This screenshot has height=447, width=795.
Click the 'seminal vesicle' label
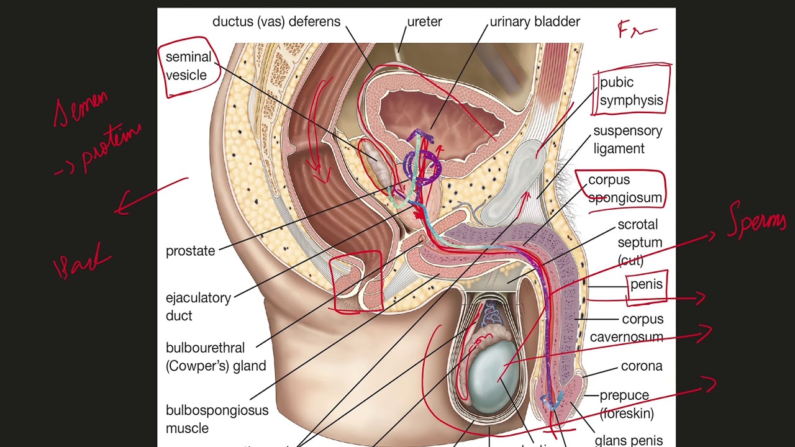(188, 66)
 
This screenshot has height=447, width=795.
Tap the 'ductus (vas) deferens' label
(276, 22)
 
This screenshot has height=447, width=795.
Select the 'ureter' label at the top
(424, 22)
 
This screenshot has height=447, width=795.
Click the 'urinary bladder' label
(535, 22)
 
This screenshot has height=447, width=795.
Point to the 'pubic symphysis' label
(631, 91)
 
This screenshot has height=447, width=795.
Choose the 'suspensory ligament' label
(627, 140)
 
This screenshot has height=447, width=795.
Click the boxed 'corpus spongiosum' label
(625, 189)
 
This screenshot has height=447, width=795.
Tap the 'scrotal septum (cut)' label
(639, 242)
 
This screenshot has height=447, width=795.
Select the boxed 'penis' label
(646, 284)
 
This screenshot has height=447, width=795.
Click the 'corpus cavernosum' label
(627, 328)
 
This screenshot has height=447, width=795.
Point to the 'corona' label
(642, 366)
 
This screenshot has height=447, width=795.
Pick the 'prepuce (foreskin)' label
(626, 404)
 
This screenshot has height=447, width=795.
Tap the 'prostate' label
(190, 251)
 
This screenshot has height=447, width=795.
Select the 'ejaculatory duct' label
(198, 307)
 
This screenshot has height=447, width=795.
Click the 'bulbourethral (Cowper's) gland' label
(216, 357)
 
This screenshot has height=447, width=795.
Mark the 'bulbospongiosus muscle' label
(217, 419)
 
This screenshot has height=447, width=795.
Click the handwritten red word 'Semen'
(81, 109)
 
